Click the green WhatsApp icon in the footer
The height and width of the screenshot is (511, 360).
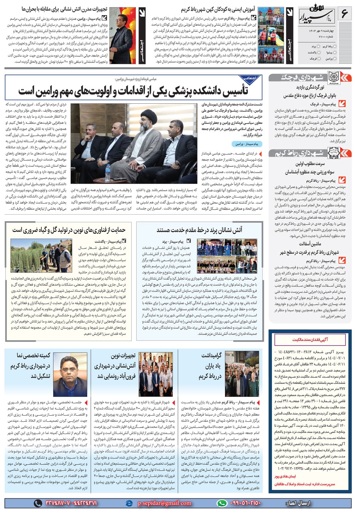pyautogui.click(x=221, y=503)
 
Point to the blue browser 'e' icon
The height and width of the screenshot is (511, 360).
pyautogui.click(x=129, y=503)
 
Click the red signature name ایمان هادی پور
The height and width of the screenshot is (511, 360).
pyautogui.click(x=285, y=476)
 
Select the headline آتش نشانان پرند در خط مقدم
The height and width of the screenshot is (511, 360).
pyautogui.click(x=199, y=230)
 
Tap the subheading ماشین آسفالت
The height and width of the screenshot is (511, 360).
pyautogui.click(x=310, y=244)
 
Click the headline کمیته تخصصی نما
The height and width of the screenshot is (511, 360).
pyautogui.click(x=33, y=355)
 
